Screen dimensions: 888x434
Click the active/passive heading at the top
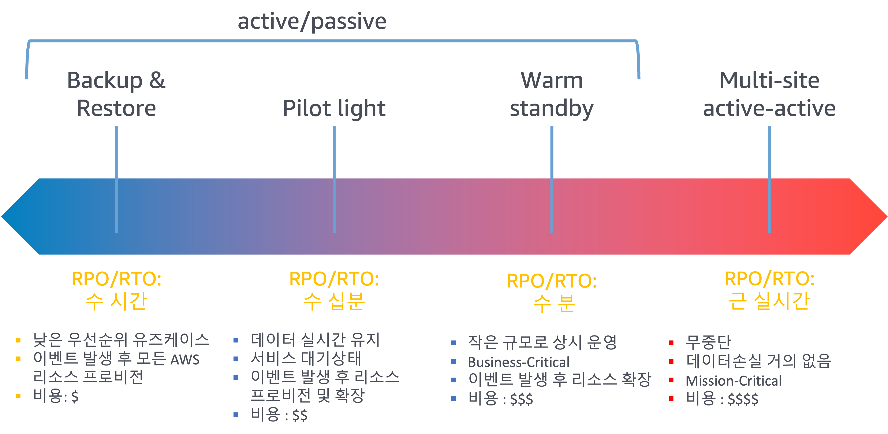[x=312, y=21]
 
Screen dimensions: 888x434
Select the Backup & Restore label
[x=116, y=94]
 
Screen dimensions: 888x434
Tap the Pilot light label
[x=334, y=108]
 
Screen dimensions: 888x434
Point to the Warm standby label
[x=552, y=94]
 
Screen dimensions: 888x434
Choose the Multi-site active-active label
[x=769, y=94]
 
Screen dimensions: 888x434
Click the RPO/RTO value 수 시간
[x=116, y=301]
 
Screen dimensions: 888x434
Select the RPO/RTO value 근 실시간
[x=769, y=301]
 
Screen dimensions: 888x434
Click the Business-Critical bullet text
[x=518, y=362]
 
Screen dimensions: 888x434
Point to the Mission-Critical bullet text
[x=733, y=381]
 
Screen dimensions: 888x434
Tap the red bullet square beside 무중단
[x=671, y=343]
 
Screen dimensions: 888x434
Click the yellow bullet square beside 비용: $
[x=18, y=396]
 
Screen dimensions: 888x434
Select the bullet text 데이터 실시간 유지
[x=315, y=340]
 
